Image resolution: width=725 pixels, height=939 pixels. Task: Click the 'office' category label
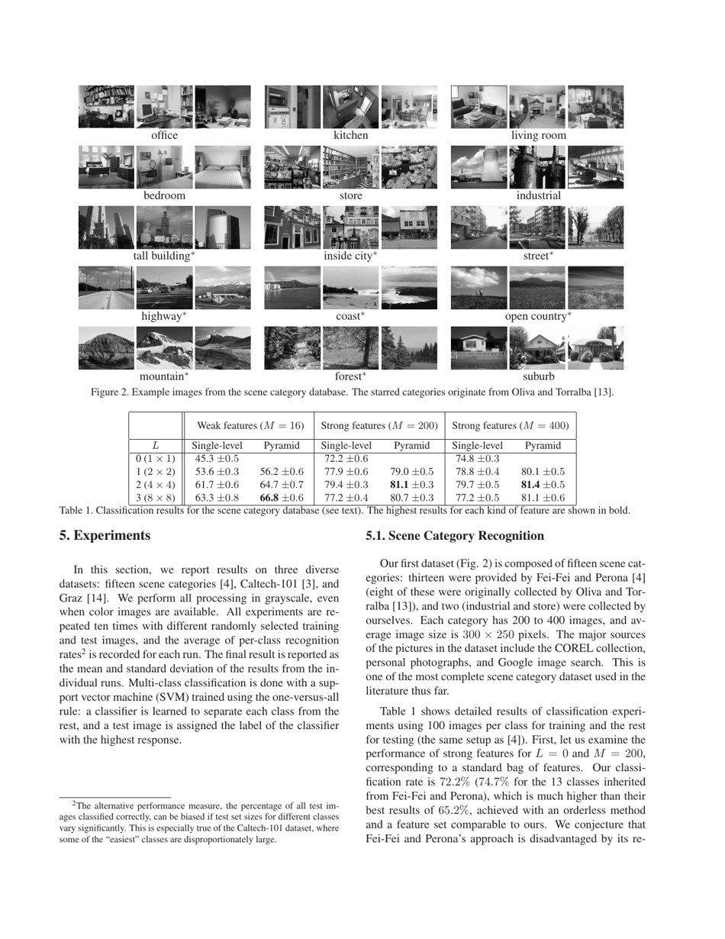pyautogui.click(x=164, y=135)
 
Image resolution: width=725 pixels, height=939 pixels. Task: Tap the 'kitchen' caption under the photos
pyautogui.click(x=350, y=135)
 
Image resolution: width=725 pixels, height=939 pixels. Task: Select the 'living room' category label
pyautogui.click(x=538, y=135)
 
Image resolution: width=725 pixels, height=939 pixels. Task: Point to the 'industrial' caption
pyautogui.click(x=538, y=195)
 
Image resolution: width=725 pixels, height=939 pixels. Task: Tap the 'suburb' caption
pyautogui.click(x=538, y=376)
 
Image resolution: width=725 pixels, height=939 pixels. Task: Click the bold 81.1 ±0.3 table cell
pyautogui.click(x=411, y=485)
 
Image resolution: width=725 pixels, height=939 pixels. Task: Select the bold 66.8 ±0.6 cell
pyautogui.click(x=282, y=499)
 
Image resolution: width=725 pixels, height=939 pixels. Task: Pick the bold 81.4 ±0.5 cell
pyautogui.click(x=543, y=485)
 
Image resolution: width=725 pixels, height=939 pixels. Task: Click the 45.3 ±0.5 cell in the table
pyautogui.click(x=217, y=459)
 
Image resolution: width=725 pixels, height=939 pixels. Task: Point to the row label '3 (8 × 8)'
pyautogui.click(x=155, y=499)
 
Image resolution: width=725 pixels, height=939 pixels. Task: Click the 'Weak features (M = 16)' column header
pyautogui.click(x=250, y=425)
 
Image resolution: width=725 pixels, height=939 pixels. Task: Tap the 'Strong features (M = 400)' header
pyautogui.click(x=511, y=425)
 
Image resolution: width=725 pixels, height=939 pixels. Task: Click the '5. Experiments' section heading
pyautogui.click(x=105, y=536)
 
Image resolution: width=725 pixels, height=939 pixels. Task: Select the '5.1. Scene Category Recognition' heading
pyautogui.click(x=455, y=536)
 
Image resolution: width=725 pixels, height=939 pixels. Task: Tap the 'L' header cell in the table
pyautogui.click(x=155, y=446)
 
